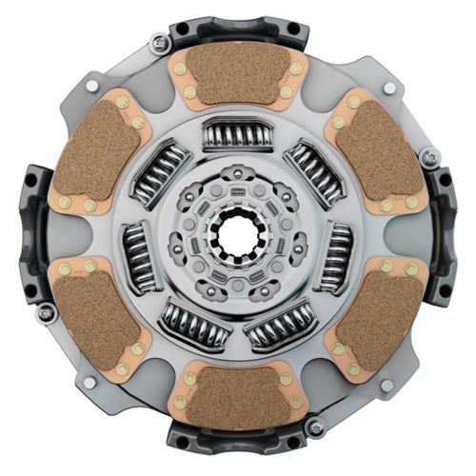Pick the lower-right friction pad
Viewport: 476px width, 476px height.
point(376,314)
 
